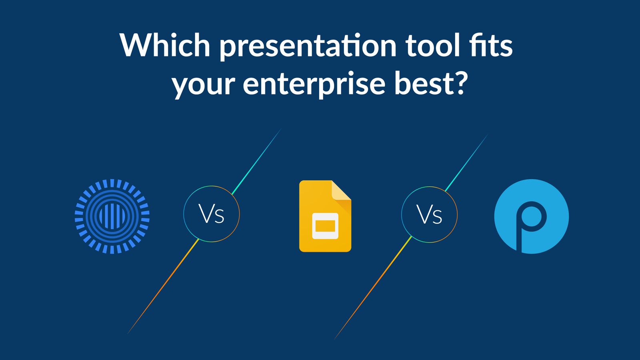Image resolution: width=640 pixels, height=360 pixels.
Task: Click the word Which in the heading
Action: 165,45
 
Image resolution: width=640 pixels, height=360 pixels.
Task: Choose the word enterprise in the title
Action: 314,85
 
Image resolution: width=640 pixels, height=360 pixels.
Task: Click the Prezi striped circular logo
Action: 112,216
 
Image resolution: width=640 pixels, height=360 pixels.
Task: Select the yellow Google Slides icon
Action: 325,216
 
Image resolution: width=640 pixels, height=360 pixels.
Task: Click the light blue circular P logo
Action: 531,216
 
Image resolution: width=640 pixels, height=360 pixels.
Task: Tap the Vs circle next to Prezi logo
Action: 211,214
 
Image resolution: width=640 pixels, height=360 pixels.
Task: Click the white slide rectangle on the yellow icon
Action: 325,226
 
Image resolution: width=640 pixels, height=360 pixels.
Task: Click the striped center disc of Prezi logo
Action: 112,216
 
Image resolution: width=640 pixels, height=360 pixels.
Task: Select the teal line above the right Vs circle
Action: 466,162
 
